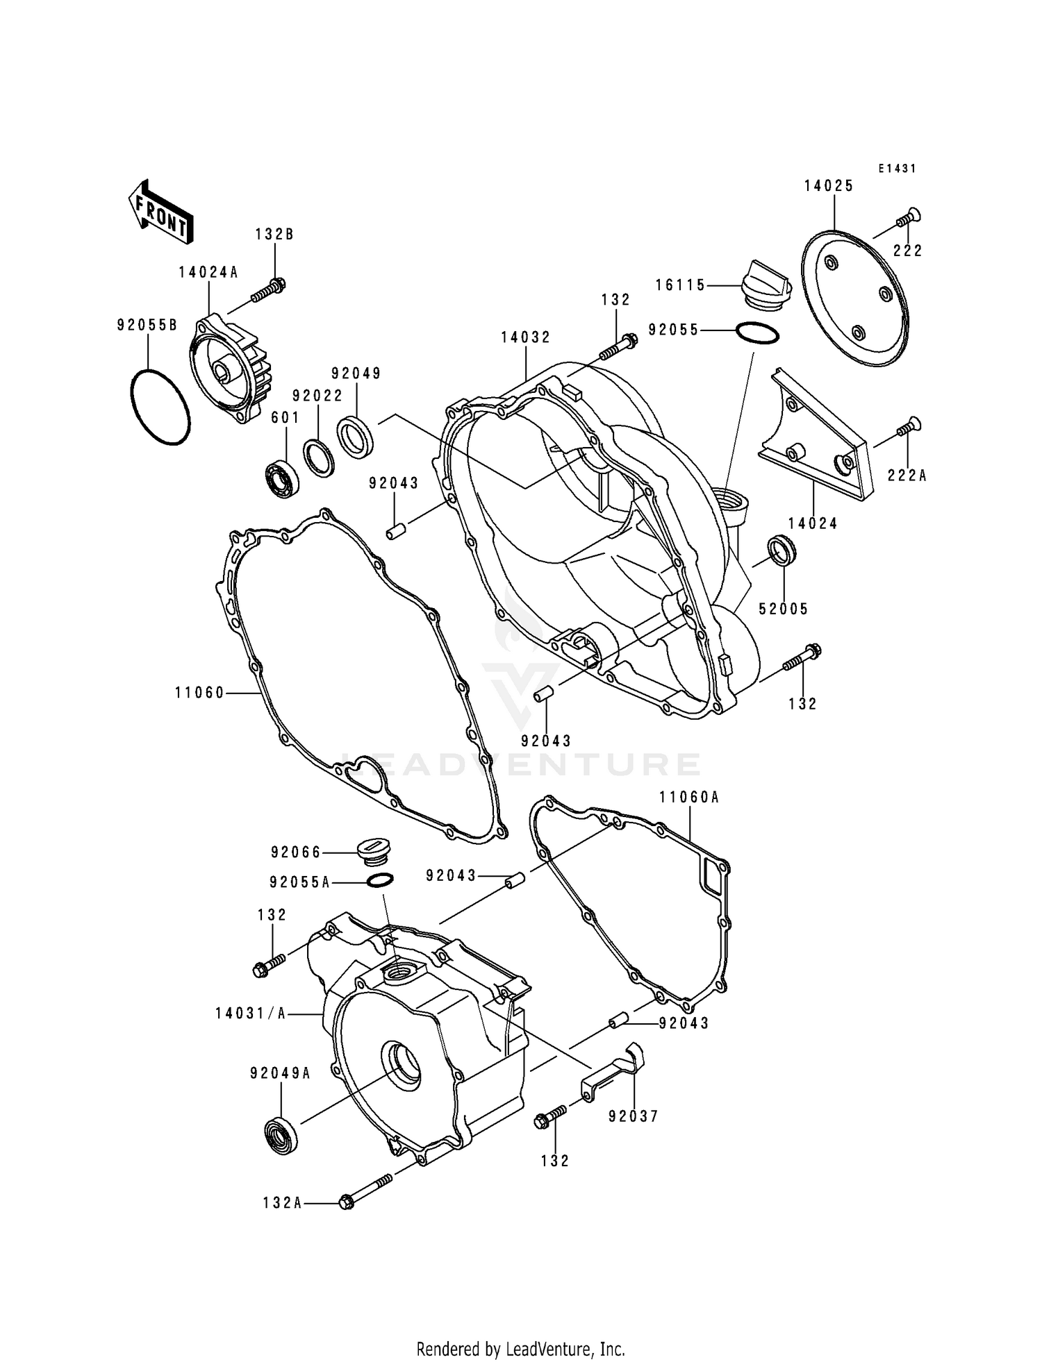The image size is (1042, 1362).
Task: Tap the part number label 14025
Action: pos(829,186)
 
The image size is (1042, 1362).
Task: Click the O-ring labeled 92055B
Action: pos(160,407)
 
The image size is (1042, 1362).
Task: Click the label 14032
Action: pos(526,337)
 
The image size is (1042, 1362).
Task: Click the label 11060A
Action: pos(689,798)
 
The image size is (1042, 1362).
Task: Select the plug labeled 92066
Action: pos(374,852)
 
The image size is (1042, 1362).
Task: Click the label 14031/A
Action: pos(250,1014)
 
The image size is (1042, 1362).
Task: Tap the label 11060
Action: pos(199,693)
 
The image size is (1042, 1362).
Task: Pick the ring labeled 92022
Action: pos(320,459)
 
